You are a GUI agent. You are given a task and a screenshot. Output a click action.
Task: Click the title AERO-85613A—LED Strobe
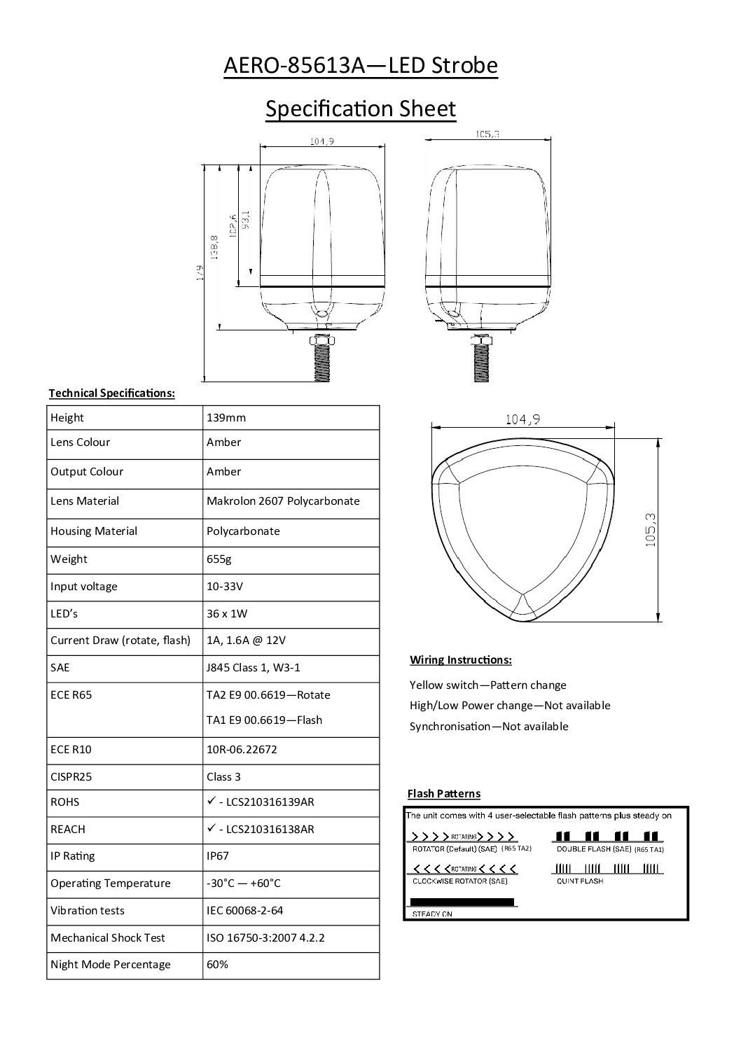point(360,66)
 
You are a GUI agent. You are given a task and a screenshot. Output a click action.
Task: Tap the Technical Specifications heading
point(111,393)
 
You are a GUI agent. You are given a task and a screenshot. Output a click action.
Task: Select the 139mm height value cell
point(226,418)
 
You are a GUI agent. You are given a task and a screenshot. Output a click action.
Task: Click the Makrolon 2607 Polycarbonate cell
point(283,501)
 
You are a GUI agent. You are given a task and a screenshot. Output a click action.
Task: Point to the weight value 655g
point(219,559)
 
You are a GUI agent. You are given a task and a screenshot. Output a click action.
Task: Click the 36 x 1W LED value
point(227,614)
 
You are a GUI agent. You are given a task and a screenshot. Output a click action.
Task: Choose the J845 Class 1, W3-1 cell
point(254,668)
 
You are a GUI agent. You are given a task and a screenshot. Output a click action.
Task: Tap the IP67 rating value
point(218,856)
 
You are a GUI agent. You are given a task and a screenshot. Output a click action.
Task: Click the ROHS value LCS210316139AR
point(265,802)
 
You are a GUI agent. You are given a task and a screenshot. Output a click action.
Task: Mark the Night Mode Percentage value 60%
point(217,965)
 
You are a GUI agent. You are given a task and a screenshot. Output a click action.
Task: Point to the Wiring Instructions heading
point(460,660)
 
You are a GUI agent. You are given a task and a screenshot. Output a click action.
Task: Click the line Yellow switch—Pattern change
point(487,685)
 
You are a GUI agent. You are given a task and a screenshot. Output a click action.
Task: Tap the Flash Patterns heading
point(444,794)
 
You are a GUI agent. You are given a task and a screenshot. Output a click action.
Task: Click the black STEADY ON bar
point(462,902)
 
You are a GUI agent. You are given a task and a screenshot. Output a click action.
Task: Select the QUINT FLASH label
point(580,881)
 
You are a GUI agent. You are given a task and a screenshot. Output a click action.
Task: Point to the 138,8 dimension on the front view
point(215,246)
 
